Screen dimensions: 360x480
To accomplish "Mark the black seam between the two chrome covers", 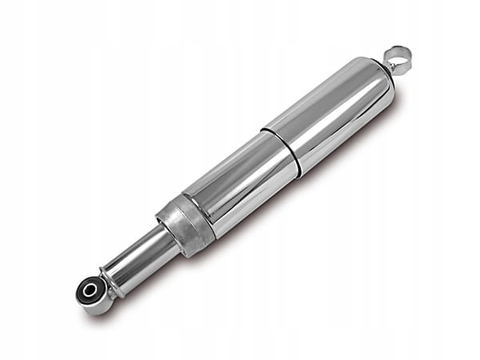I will pos(281,149).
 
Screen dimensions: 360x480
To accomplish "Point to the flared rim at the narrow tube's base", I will pos(112,279).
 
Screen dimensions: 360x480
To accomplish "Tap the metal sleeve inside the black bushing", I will pos(90,289).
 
